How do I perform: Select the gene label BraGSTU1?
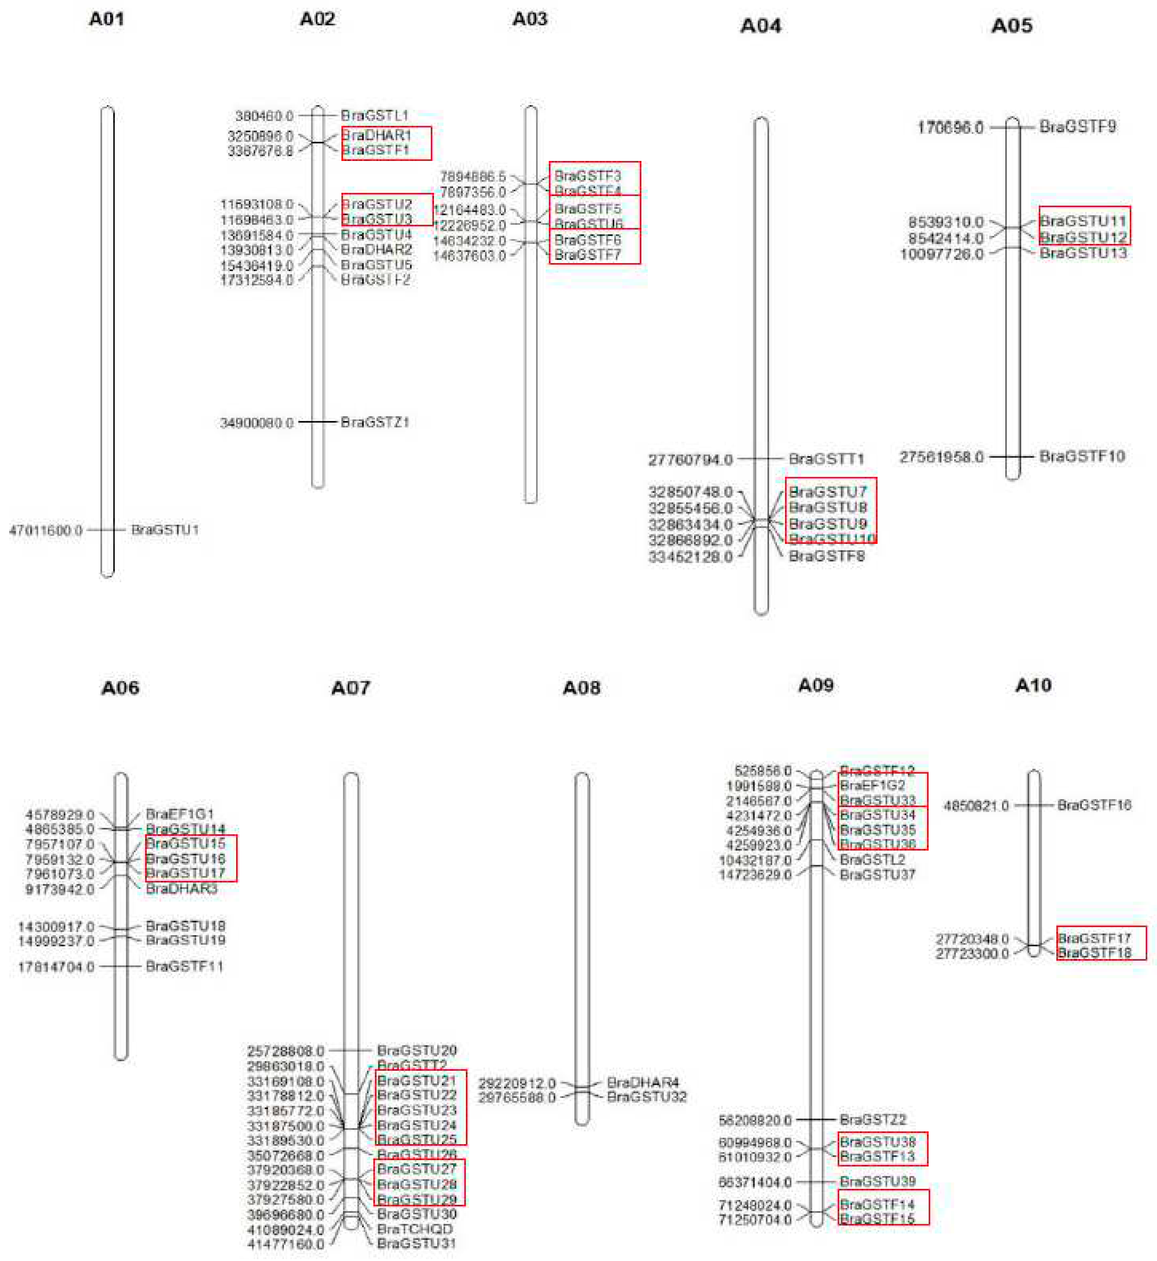tap(165, 530)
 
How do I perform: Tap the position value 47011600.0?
tap(46, 531)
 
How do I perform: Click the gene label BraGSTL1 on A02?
tap(375, 116)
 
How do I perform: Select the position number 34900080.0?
tap(257, 423)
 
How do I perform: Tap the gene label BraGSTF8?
tap(827, 556)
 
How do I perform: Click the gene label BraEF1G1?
tap(180, 814)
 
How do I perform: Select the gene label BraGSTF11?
tap(184, 966)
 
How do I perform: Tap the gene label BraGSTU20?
tap(416, 1050)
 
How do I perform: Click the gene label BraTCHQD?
tap(414, 1229)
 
